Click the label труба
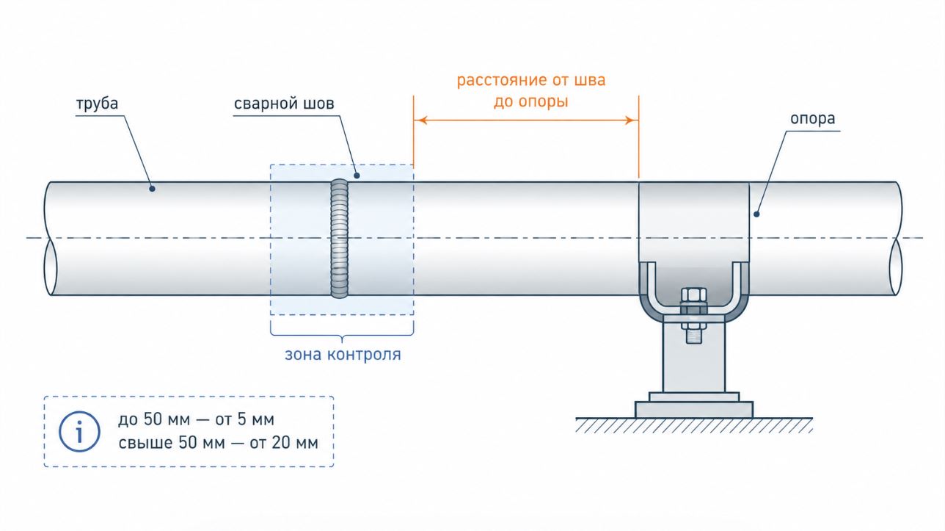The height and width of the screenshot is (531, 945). (x=97, y=104)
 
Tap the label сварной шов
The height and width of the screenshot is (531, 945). (x=284, y=104)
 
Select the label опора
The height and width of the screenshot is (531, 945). (x=812, y=119)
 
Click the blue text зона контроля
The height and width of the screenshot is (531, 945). (x=343, y=355)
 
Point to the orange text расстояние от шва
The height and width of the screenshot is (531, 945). (x=531, y=80)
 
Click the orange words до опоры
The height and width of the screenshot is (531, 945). (x=531, y=102)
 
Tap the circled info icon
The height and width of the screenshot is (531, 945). (x=79, y=432)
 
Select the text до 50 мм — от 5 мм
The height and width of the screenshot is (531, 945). (x=196, y=419)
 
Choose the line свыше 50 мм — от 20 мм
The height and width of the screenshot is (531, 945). (x=218, y=443)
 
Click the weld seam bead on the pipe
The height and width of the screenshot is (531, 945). (x=340, y=239)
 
